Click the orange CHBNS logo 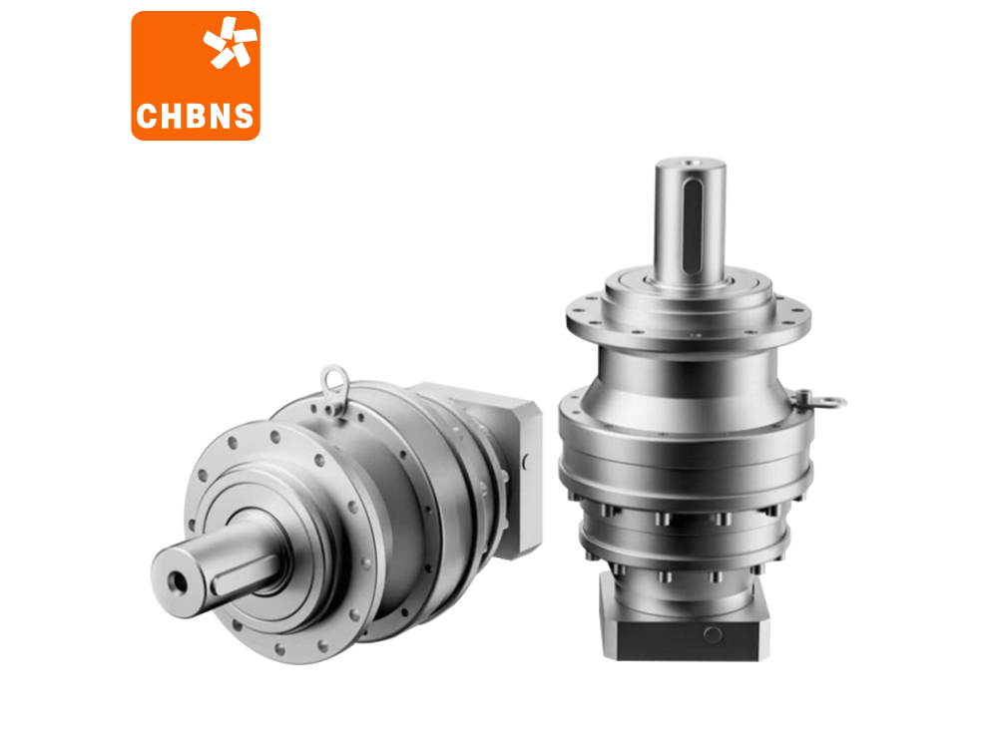click(x=196, y=76)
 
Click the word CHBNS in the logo click(x=195, y=117)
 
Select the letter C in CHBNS click(x=147, y=117)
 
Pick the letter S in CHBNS click(x=243, y=117)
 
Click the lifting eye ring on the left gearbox click(x=334, y=387)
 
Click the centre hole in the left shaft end click(x=177, y=582)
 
